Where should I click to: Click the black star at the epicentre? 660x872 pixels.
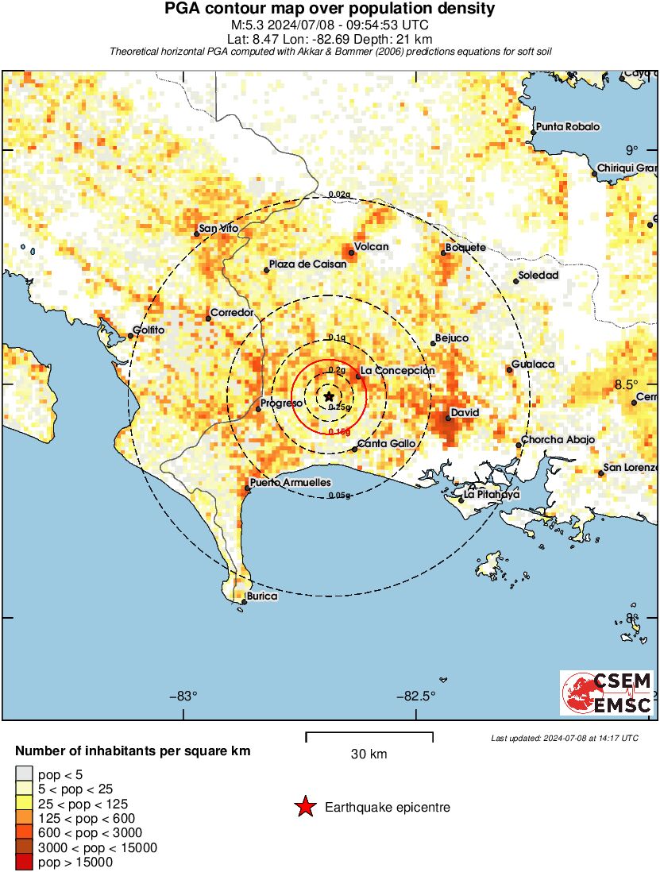pos(329,396)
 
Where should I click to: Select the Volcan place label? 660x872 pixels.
pos(371,246)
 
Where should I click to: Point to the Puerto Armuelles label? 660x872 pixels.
pos(290,482)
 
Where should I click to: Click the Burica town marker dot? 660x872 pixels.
pos(243,602)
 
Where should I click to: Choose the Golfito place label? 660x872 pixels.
pos(149,330)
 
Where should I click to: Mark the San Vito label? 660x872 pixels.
pos(218,229)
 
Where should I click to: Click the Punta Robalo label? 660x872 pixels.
pos(567,126)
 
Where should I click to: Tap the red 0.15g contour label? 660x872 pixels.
pos(339,431)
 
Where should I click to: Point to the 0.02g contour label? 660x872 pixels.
pos(339,195)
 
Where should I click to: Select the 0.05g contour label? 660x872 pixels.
pos(339,496)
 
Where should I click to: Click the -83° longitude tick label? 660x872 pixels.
pos(183,696)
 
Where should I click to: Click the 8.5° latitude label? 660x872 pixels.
pos(627,385)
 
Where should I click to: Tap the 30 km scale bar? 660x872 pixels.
pos(369,736)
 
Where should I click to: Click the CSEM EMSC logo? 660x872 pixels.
pos(608,693)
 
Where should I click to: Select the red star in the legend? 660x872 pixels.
pos(304,808)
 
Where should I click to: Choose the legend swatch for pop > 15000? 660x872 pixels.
pos(25,862)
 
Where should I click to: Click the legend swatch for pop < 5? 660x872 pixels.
pos(25,775)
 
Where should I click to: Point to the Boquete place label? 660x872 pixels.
pos(465,248)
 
